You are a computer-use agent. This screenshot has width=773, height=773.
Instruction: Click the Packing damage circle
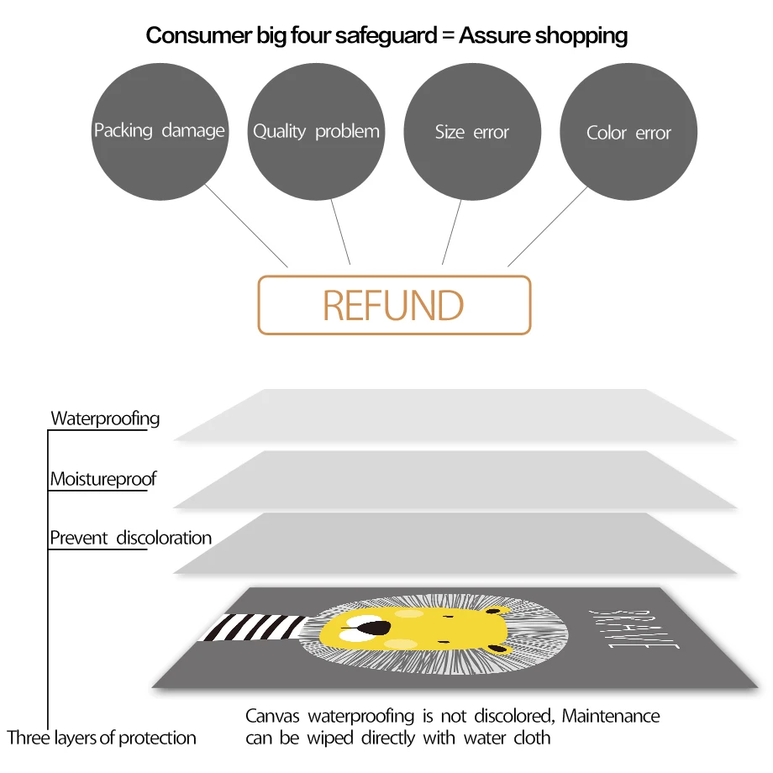pos(160,132)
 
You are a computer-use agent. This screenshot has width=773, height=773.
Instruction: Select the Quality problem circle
pos(316,132)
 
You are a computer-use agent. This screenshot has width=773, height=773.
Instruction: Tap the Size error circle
pos(472,132)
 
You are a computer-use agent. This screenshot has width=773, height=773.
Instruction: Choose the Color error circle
pos(628,132)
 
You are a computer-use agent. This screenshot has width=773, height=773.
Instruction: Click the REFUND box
pos(394,305)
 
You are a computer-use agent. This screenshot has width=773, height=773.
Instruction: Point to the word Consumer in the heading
pos(199,35)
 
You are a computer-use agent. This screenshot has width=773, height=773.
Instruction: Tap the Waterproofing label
pos(105,418)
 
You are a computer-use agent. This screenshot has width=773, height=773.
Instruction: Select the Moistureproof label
pos(103,479)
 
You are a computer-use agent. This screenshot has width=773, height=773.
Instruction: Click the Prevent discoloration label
pos(130,538)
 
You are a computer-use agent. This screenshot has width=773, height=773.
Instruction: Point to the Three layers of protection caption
pos(102,738)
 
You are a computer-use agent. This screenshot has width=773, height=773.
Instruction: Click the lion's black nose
pos(374,628)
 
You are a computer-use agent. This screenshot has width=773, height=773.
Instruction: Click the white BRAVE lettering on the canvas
pos(634,629)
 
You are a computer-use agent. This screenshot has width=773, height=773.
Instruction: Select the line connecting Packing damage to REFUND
pos(246,226)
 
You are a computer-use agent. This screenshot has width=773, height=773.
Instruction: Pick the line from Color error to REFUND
pos(548,227)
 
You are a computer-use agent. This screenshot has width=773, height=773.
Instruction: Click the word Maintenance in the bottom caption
pos(611,716)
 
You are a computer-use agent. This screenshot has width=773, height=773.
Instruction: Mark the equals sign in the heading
pos(448,35)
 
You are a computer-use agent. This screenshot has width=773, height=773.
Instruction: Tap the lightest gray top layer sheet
pos(455,415)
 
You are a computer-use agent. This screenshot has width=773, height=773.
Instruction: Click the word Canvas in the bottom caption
pos(272,716)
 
